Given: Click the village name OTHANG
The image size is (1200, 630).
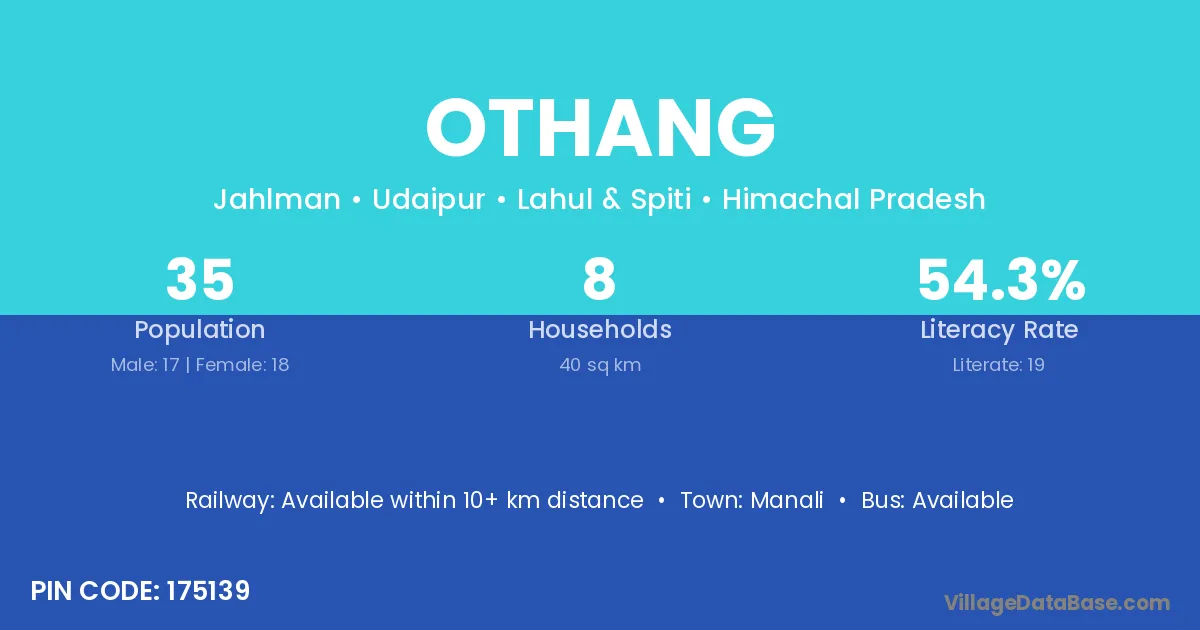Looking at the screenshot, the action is [x=601, y=128].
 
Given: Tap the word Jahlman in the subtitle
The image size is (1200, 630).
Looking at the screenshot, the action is [x=277, y=199].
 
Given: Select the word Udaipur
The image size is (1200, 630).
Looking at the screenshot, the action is [x=429, y=200].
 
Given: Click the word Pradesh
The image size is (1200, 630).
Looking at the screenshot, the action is [x=927, y=199].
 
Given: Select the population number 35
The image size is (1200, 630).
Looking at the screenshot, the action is [x=200, y=279].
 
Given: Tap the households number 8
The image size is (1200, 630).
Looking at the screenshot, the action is [x=599, y=279].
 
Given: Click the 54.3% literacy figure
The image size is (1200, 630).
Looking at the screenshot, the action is [x=1001, y=280].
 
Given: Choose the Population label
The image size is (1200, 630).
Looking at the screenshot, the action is [x=200, y=330].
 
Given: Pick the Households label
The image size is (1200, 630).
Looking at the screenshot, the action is [x=600, y=329].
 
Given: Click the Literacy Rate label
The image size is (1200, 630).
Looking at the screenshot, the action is [x=999, y=330].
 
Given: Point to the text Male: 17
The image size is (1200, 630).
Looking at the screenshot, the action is [x=145, y=365].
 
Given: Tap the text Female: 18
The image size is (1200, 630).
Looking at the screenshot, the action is [x=242, y=365].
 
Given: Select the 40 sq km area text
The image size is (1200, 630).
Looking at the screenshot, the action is [x=600, y=365].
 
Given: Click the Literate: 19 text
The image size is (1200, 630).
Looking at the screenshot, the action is [x=999, y=365].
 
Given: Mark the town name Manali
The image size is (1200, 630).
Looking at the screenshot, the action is [x=786, y=500].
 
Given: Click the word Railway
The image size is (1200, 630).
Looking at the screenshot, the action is [x=230, y=501].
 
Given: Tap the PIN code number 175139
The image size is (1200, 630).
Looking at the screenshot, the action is [x=208, y=591].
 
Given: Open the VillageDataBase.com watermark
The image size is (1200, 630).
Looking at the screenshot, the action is [x=1057, y=603].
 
